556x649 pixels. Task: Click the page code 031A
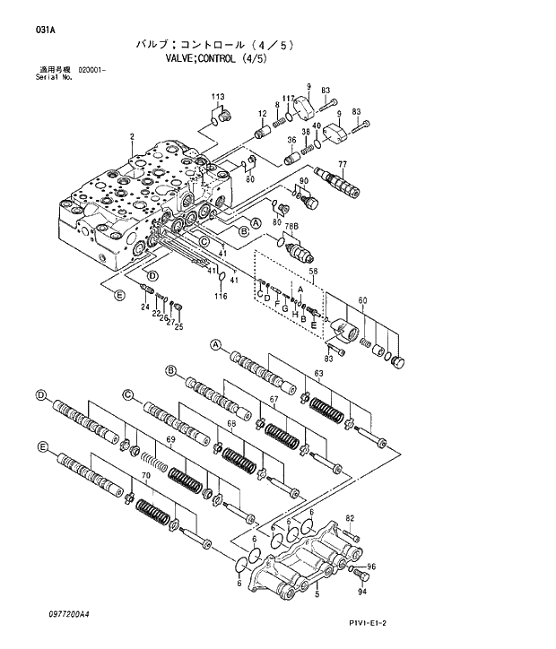click(45, 30)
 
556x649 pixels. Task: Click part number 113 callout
click(217, 97)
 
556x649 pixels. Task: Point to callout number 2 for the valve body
click(131, 136)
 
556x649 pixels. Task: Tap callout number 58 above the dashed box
click(314, 271)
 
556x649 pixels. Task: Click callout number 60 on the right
click(362, 300)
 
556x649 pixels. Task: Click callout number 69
click(169, 439)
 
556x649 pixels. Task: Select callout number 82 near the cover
click(350, 519)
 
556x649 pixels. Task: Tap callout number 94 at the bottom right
click(363, 592)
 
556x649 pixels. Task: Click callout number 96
click(371, 567)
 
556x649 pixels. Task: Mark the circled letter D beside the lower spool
click(40, 395)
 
